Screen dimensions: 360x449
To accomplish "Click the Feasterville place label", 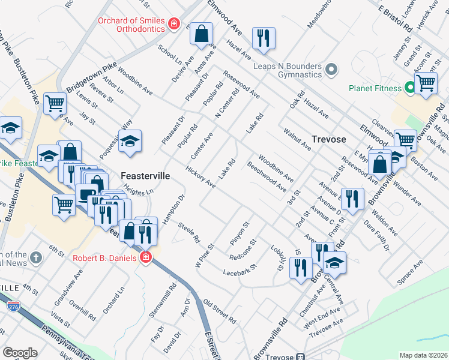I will [145, 176].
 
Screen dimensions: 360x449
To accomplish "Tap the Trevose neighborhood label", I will [329, 139].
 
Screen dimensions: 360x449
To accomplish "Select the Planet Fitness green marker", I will [410, 88].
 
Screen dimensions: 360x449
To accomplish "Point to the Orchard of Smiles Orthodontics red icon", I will [173, 23].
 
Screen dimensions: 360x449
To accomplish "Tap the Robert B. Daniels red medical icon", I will [145, 258].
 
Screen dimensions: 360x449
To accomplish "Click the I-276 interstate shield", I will [12, 306].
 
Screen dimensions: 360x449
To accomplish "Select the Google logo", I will [20, 353].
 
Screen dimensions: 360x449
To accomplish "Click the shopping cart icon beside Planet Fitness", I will [426, 83].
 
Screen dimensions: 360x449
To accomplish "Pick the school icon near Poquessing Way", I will [130, 142].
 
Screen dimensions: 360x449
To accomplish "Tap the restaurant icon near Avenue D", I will [352, 199].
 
